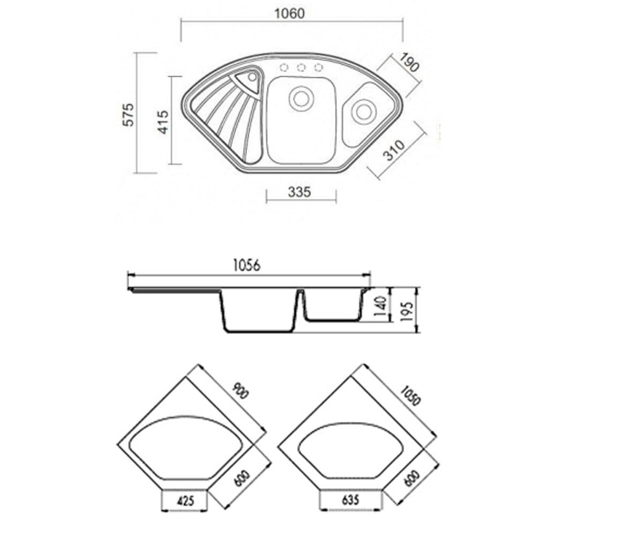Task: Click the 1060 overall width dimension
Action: point(289,13)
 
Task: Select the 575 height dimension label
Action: point(129,115)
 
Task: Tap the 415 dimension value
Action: point(163,122)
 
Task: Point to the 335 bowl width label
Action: point(300,192)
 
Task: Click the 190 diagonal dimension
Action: point(409,62)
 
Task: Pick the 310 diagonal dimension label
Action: point(395,150)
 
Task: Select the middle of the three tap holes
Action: point(301,68)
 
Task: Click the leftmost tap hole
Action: point(283,68)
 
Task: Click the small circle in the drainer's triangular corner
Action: point(252,77)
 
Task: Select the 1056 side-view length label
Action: point(246,265)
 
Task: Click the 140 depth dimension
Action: point(380,306)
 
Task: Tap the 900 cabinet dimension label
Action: point(240,391)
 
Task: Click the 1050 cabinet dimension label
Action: point(410,396)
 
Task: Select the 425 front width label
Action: point(185,501)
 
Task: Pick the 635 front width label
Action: point(350,500)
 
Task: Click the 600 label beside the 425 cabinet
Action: point(241,478)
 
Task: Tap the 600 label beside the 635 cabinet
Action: point(412,478)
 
